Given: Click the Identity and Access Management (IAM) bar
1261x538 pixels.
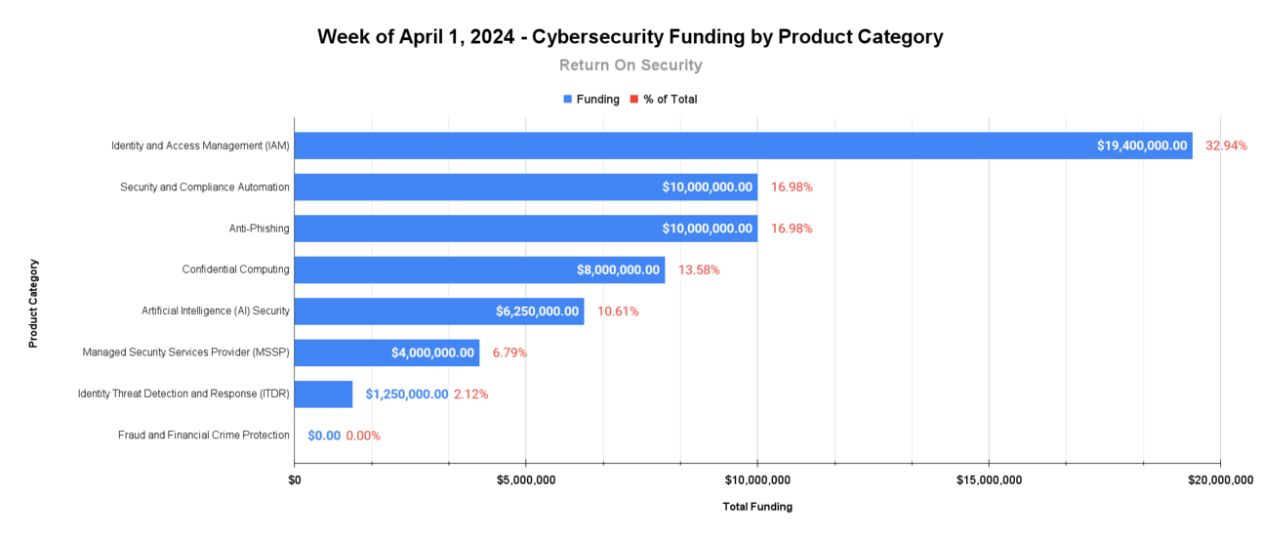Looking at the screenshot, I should [x=683, y=145].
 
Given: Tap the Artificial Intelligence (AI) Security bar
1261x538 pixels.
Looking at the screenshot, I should [x=390, y=311].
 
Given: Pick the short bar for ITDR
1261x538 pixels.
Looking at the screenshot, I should [x=323, y=394].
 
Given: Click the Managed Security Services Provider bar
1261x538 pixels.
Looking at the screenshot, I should [x=342, y=352].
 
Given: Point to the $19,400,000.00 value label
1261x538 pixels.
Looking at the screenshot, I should [x=1142, y=145].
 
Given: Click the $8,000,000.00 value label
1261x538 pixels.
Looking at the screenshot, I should [x=617, y=269].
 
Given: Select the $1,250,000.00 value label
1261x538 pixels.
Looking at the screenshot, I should [x=407, y=394].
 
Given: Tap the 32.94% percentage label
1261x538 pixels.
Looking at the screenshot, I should [x=1226, y=145].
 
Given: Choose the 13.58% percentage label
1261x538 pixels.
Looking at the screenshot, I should [x=699, y=269].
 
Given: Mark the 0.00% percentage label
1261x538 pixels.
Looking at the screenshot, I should [x=363, y=435].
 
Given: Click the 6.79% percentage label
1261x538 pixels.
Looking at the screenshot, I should [x=509, y=352].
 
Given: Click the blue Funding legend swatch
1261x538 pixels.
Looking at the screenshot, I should [x=567, y=100].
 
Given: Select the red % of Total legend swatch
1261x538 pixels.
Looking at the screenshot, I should [x=633, y=100].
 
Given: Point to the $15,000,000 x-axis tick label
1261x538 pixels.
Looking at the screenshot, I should [x=989, y=479].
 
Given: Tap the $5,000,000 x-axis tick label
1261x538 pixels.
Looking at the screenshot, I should [x=526, y=479].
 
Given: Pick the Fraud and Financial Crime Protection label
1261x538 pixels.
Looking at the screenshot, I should [x=204, y=435].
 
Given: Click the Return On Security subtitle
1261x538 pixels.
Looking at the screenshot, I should [x=630, y=65].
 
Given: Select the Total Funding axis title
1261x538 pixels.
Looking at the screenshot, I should [x=757, y=507].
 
